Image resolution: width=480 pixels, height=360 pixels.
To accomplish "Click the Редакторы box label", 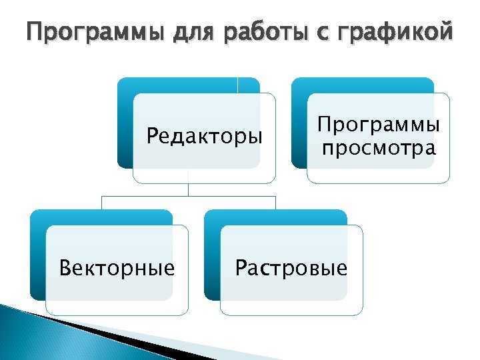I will [x=205, y=137].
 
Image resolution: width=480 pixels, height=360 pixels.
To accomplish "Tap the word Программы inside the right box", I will [x=378, y=125].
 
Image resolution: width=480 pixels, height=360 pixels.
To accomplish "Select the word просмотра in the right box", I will [x=378, y=147].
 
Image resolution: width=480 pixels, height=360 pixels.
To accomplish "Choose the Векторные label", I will [x=117, y=268].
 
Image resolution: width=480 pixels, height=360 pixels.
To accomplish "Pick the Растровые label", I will [x=291, y=268].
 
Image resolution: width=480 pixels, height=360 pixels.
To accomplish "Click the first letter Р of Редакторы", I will [x=152, y=137].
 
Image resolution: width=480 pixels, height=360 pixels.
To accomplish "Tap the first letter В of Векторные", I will [x=65, y=268].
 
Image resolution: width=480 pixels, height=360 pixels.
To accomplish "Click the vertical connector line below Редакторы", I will [x=189, y=189].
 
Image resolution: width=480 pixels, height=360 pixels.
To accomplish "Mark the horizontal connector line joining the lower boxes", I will [x=147, y=197].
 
